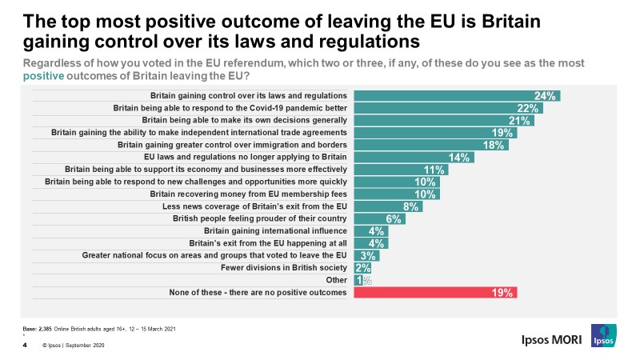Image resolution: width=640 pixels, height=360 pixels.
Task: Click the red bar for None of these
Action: (435, 293)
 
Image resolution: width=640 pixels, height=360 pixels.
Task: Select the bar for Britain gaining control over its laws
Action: (456, 96)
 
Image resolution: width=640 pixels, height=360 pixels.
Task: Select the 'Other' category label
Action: (337, 280)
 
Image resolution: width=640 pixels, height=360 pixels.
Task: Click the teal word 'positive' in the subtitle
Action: (41, 76)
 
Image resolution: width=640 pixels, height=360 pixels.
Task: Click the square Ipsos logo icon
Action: (603, 336)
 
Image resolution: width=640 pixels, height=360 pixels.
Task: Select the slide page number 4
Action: (25, 346)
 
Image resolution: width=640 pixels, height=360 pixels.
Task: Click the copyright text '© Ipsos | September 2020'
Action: (74, 346)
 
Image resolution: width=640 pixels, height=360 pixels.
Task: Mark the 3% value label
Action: (369, 256)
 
